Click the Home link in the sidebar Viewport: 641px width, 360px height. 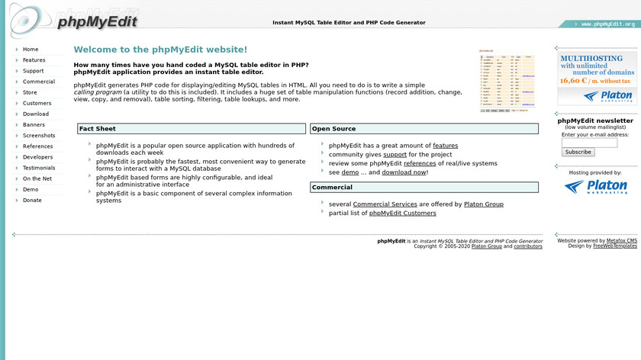coord(31,49)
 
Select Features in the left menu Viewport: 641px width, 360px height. coord(34,59)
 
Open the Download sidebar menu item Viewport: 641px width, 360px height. coord(36,114)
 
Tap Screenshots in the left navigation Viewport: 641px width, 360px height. coord(39,135)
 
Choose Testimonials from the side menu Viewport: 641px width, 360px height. coord(39,168)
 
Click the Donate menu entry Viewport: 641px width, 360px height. coord(33,200)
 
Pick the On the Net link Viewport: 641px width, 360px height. coord(37,178)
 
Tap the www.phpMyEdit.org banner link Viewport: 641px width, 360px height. coord(607,24)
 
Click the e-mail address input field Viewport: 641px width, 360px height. coord(589,143)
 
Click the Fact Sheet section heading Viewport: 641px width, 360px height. coord(98,129)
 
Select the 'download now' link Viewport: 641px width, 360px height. coord(404,172)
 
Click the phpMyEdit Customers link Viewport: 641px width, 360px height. coord(402,214)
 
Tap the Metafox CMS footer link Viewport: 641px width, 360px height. coord(621,240)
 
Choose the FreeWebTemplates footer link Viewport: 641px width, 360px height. coord(614,246)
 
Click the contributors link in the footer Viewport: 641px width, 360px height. coord(528,246)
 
